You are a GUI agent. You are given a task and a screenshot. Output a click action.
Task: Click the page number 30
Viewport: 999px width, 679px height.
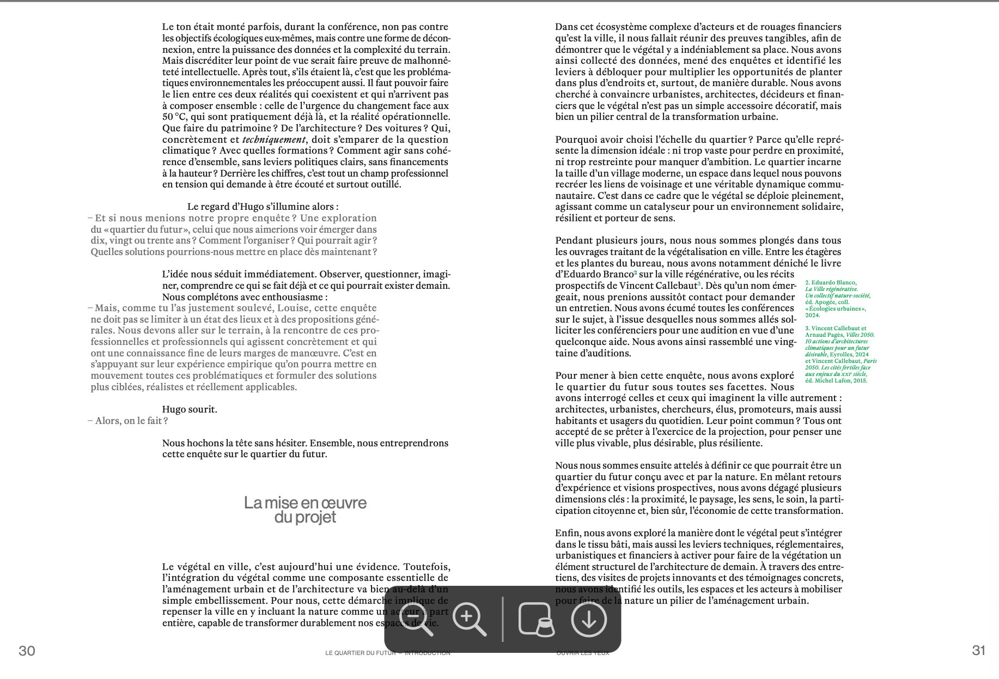(27, 651)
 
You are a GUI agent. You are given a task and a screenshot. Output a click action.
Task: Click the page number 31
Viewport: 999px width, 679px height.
(979, 651)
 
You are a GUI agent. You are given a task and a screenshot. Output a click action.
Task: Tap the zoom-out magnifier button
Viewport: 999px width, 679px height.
(417, 619)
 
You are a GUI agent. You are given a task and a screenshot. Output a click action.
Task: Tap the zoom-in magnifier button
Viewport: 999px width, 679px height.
(470, 619)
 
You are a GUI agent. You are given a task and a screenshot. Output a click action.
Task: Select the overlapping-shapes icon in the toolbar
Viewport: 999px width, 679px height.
(536, 619)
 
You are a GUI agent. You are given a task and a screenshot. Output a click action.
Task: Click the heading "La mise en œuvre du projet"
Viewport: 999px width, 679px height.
(305, 510)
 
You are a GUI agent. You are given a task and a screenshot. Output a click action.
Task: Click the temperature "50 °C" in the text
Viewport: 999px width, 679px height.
(174, 117)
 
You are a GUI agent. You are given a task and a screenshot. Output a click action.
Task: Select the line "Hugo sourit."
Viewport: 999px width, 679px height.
(190, 409)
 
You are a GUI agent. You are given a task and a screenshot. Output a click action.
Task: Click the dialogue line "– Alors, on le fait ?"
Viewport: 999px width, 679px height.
(128, 421)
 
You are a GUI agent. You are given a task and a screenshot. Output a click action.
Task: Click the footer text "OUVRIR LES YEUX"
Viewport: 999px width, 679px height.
(582, 653)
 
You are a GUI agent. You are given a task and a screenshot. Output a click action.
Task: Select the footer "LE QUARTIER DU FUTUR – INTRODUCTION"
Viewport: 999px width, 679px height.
(387, 653)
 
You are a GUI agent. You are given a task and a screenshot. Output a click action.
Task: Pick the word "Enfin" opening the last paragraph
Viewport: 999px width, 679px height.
(567, 533)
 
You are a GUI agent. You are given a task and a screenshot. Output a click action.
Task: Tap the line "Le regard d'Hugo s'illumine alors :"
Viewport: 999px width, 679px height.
(263, 207)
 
